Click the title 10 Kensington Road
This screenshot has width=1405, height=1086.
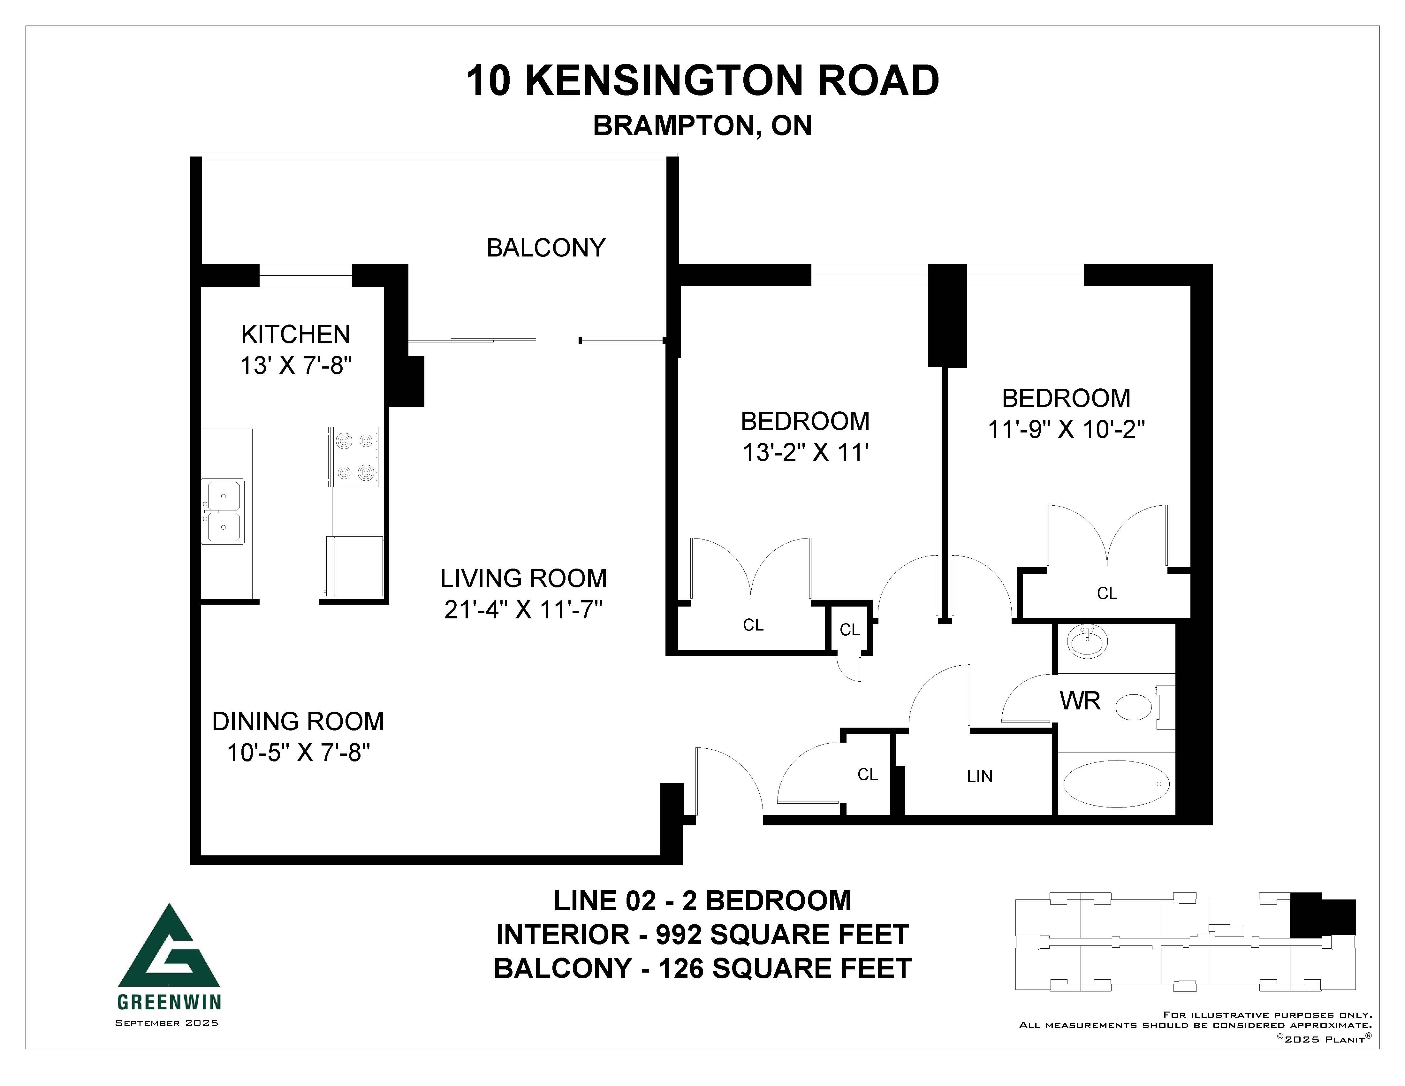coord(702,81)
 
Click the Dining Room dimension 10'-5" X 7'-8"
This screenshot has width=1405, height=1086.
coord(299,752)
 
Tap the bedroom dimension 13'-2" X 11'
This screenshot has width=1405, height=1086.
coord(805,453)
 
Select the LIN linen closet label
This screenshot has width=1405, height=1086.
coord(980,776)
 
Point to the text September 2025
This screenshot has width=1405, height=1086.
coord(167,1023)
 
